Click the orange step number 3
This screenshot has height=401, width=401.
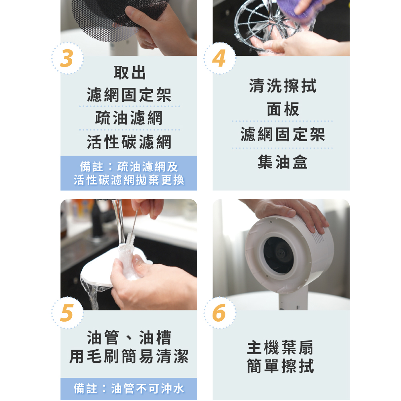click(67, 59)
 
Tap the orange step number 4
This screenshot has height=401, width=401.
click(219, 59)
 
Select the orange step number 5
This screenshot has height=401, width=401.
click(67, 313)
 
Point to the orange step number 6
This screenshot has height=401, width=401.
click(219, 313)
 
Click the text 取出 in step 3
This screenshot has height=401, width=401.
click(129, 73)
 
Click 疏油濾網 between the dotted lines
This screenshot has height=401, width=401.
click(129, 118)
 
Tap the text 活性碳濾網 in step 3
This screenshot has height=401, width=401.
click(129, 142)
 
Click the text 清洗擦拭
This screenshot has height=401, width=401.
click(282, 86)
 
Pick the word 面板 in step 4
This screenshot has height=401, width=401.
click(282, 109)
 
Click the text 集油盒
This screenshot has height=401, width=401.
click(282, 162)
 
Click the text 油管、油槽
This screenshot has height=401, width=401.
click(129, 338)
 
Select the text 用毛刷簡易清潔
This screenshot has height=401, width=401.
click(129, 356)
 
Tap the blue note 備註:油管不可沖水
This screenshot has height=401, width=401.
click(129, 389)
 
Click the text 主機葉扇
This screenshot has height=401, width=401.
click(281, 348)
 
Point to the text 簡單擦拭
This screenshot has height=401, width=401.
click(281, 366)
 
